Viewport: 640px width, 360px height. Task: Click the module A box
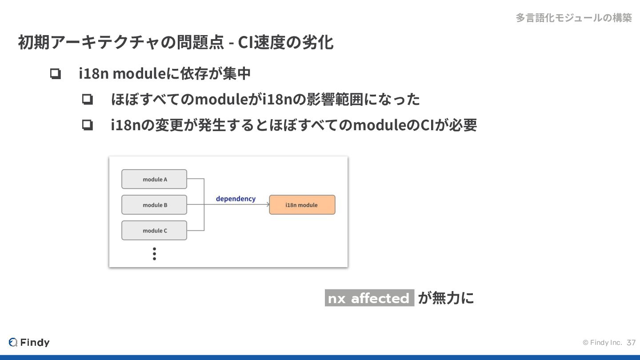click(154, 179)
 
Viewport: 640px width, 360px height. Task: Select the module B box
click(154, 205)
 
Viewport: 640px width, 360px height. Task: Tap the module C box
click(154, 231)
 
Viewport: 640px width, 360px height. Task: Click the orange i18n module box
click(302, 205)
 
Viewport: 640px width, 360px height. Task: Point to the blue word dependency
click(236, 199)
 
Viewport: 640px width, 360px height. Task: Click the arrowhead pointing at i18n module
click(268, 205)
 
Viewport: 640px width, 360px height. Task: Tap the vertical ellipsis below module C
click(154, 254)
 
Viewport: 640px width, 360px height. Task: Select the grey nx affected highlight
click(369, 298)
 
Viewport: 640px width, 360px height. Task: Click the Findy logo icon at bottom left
click(13, 342)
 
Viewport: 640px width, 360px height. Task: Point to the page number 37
click(631, 343)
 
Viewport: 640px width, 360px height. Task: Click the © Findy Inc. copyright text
click(602, 343)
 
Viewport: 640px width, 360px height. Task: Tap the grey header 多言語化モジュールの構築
click(573, 18)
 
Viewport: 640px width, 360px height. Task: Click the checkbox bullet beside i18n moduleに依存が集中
click(55, 74)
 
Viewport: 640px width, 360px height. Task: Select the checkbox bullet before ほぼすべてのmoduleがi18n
click(87, 100)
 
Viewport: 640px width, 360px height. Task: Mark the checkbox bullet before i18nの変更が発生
click(87, 125)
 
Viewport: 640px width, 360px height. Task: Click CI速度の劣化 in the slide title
click(286, 43)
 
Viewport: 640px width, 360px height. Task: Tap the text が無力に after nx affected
click(446, 298)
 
